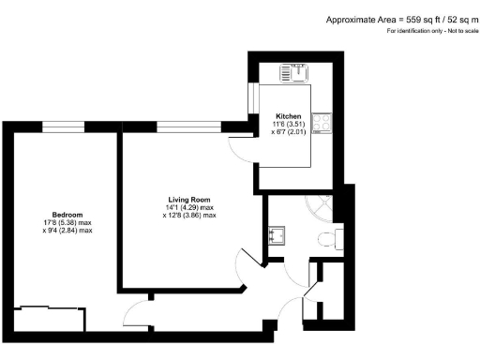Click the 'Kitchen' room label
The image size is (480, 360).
(262, 116)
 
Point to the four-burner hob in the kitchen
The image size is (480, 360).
(322, 123)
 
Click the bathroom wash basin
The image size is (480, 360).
(277, 236)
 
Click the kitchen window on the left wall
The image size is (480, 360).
(250, 97)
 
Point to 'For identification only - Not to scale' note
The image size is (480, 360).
(430, 32)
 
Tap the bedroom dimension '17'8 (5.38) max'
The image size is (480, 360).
(67, 222)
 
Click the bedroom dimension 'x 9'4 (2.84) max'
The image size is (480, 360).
(67, 231)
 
